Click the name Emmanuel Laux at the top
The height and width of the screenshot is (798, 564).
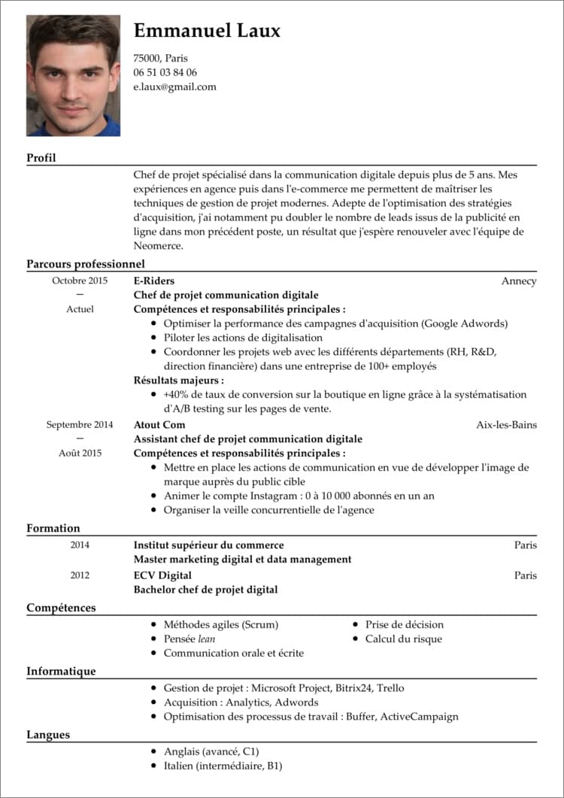click(207, 31)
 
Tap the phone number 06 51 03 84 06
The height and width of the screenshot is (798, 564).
click(165, 72)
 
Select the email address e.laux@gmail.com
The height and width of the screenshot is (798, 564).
click(174, 86)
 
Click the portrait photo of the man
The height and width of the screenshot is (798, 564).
click(73, 75)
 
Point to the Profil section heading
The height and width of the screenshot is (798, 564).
click(41, 158)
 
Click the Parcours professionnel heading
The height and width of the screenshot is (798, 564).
click(85, 264)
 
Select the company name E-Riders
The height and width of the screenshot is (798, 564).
click(153, 281)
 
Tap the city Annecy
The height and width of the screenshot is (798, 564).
click(519, 281)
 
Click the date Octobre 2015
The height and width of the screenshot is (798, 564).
click(80, 281)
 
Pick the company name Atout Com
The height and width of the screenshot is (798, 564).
click(159, 424)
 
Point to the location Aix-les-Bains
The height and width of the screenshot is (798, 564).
click(506, 424)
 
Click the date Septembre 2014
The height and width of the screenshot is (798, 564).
click(80, 424)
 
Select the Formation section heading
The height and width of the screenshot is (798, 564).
click(53, 528)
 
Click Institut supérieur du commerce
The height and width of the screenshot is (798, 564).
click(208, 545)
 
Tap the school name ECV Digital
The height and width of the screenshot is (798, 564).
click(162, 575)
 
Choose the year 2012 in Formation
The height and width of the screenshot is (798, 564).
click(80, 575)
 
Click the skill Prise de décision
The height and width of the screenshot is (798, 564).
click(405, 624)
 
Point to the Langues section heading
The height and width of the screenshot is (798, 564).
click(48, 735)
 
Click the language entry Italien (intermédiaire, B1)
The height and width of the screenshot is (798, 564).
click(223, 766)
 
